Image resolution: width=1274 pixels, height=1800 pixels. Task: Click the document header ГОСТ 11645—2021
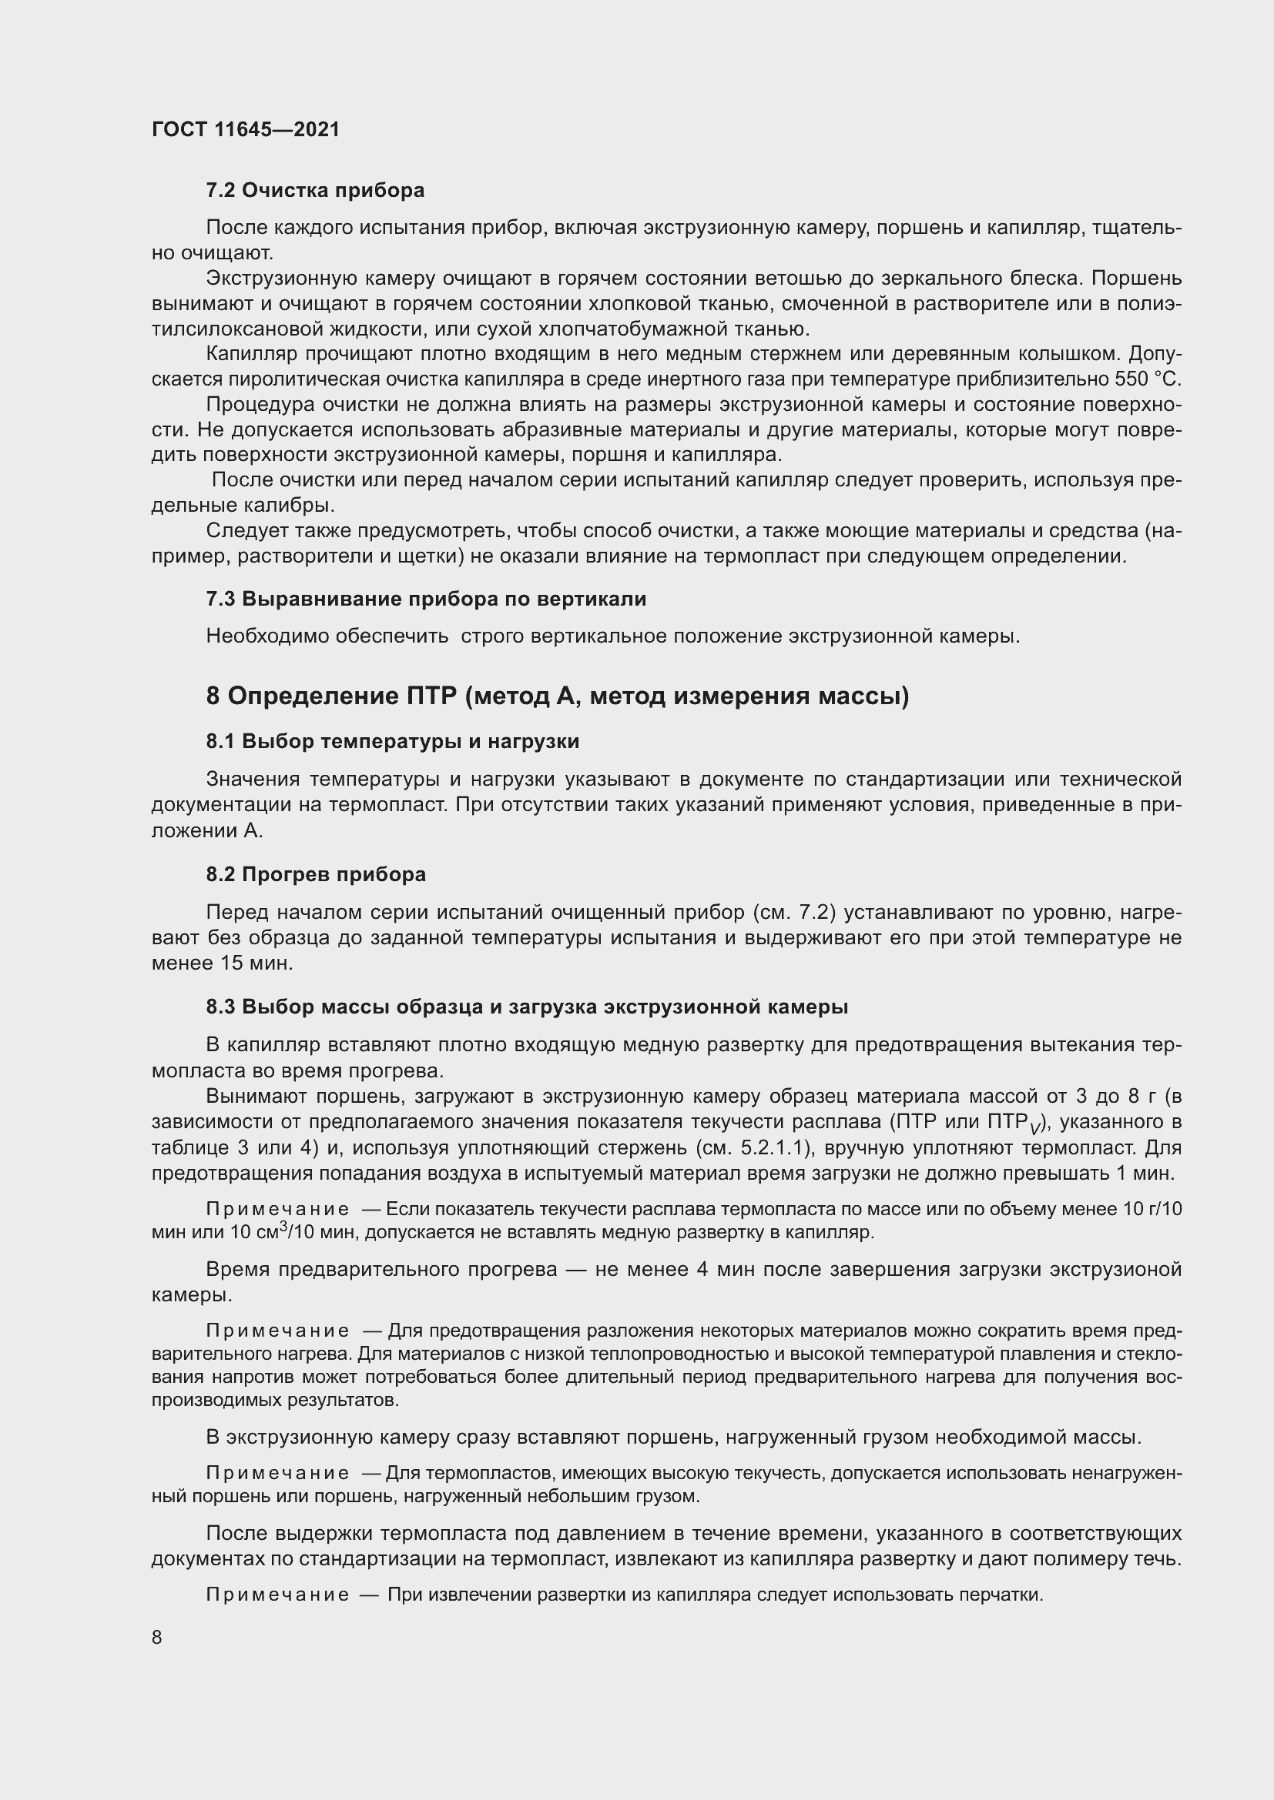pos(246,129)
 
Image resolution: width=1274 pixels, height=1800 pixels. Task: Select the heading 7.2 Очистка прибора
pos(314,190)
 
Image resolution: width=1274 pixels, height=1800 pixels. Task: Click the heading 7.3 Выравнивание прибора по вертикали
pos(426,599)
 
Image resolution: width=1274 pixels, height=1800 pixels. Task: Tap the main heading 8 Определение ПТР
pos(557,696)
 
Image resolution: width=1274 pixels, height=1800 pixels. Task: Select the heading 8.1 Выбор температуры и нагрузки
pos(392,741)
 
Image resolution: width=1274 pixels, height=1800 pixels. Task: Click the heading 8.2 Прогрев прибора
pos(315,874)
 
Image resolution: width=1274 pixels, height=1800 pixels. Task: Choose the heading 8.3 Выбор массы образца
pos(526,1007)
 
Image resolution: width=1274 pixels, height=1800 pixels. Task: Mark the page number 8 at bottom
pos(157,1637)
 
